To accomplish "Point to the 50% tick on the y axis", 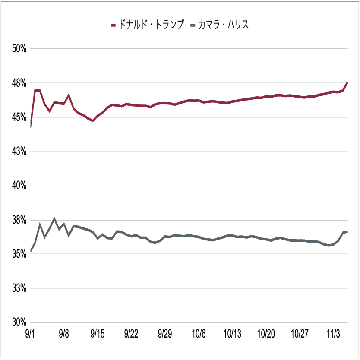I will tap(19, 49).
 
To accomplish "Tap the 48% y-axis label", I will tap(19, 83).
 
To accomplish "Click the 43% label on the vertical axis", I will tap(19, 152).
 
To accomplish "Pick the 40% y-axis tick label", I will tap(19, 186).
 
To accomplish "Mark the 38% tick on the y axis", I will tap(19, 220).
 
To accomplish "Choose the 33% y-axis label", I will tap(19, 288).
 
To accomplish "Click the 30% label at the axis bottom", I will tap(19, 322).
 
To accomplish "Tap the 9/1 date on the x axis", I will tap(30, 334).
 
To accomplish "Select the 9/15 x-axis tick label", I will tap(98, 334).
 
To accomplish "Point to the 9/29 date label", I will tap(164, 334).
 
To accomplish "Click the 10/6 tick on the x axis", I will tap(199, 334).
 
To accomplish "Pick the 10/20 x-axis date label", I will tap(266, 334).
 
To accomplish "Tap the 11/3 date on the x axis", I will tap(333, 334).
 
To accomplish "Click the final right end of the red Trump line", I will tap(347, 82).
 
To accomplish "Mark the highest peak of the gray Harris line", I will tap(54, 218).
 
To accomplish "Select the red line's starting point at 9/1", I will tap(31, 127).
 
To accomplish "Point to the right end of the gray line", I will tap(347, 231).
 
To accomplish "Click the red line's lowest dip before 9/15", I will tap(93, 121).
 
